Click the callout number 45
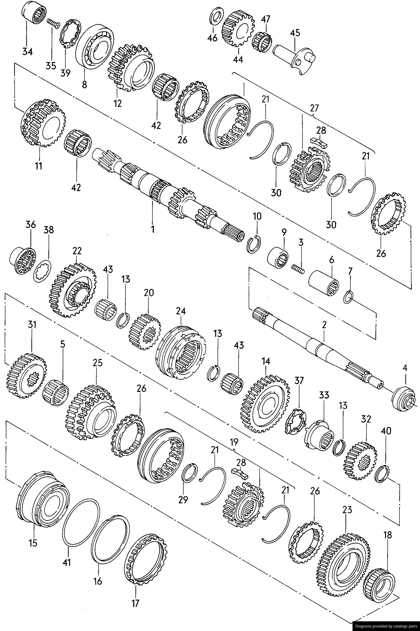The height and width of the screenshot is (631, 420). (x=295, y=33)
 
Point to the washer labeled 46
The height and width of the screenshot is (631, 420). (x=216, y=17)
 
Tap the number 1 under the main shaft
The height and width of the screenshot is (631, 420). (x=153, y=229)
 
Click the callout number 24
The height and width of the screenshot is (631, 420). (x=181, y=311)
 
